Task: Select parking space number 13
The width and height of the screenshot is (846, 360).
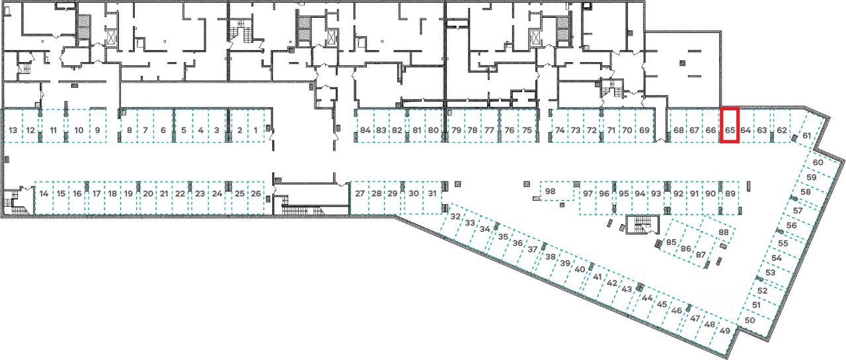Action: click(x=13, y=130)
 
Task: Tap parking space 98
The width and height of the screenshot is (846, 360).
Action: click(x=551, y=192)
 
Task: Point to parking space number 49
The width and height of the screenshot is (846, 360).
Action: click(x=725, y=331)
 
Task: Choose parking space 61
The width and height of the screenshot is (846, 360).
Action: click(x=807, y=136)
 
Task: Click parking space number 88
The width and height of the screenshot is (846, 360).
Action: click(x=723, y=233)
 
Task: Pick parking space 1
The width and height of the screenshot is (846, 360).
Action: click(x=256, y=130)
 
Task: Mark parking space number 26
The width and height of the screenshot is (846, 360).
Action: click(x=256, y=194)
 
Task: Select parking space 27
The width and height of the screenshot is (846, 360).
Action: click(x=360, y=194)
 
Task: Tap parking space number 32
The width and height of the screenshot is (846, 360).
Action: click(x=455, y=217)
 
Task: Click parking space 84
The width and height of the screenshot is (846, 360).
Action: click(x=365, y=130)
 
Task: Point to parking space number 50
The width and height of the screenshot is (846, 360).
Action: click(x=750, y=320)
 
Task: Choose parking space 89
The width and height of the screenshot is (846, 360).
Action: click(x=730, y=194)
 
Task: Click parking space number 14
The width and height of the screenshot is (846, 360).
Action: click(x=44, y=194)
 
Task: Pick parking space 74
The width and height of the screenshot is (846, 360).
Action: click(x=560, y=130)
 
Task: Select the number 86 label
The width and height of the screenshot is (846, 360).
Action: click(x=686, y=249)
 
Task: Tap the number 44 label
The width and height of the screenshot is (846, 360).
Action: click(x=647, y=298)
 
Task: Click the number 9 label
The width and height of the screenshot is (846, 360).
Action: click(x=98, y=130)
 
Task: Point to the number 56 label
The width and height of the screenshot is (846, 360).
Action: click(x=791, y=225)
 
